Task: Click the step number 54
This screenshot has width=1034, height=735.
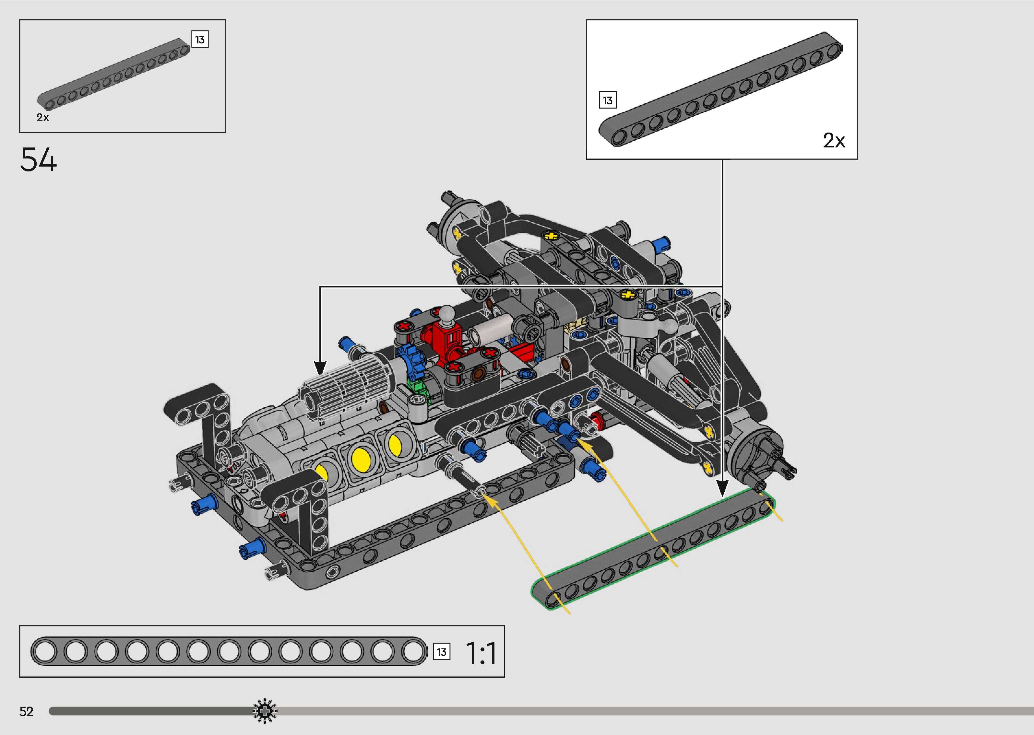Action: (x=39, y=159)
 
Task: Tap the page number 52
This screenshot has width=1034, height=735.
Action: (x=26, y=711)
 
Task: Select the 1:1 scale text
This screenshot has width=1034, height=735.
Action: (x=481, y=653)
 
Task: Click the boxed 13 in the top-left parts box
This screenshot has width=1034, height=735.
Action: (x=200, y=40)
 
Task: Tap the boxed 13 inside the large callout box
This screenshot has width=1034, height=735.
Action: (x=608, y=100)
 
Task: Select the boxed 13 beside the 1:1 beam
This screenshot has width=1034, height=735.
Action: (x=441, y=652)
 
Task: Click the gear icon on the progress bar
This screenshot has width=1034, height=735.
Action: (x=264, y=711)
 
